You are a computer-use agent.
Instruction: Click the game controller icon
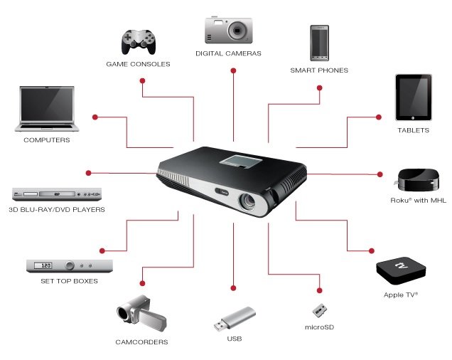[x=137, y=42]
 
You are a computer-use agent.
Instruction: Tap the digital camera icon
[x=229, y=29]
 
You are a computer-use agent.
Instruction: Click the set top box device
[x=69, y=265]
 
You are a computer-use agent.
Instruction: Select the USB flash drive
[x=234, y=319]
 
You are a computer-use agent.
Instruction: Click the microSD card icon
[x=319, y=310]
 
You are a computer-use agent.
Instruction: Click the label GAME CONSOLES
[x=138, y=65]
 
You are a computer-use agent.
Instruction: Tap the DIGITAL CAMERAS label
[x=229, y=53]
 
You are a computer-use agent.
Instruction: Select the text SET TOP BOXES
[x=69, y=281]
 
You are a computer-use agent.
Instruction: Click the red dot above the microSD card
[x=319, y=290]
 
